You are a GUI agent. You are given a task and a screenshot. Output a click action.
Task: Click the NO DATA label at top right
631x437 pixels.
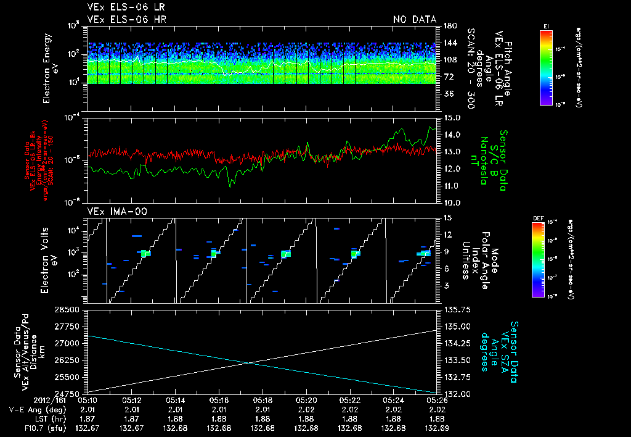[415, 20]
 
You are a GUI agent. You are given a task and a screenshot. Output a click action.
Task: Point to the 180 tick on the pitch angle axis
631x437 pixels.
[449, 26]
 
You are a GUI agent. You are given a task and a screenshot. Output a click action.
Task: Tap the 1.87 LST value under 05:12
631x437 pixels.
[132, 418]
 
